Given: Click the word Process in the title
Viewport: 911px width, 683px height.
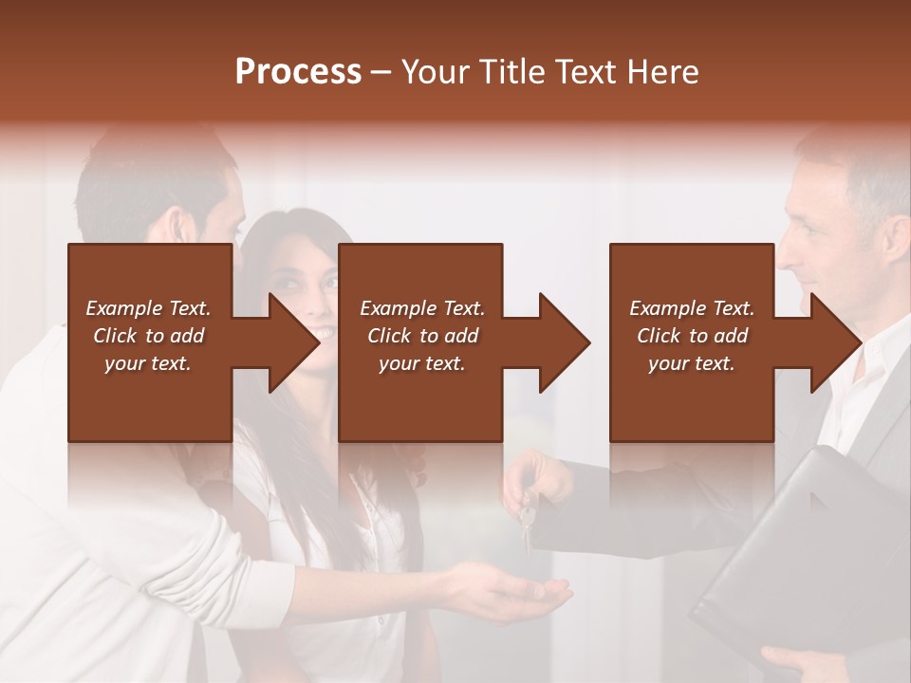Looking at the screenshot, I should pos(298,71).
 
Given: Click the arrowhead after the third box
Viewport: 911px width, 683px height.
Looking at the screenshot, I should pos(834,342).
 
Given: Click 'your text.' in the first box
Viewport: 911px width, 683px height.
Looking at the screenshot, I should pos(147,363).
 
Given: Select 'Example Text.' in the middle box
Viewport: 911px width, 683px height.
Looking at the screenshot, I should pos(422,308).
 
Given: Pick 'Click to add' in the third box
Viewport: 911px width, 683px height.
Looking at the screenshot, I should pos(693,336).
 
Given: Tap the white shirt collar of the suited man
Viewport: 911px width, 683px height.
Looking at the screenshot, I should pos(854,379).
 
